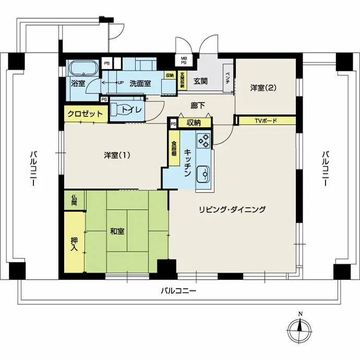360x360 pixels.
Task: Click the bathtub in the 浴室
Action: click(x=83, y=68)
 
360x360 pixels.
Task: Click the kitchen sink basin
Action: click(x=203, y=174)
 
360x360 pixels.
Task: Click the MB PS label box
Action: click(x=184, y=61)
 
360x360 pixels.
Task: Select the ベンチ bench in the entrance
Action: click(x=228, y=78)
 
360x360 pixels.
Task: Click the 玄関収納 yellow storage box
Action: click(x=182, y=80)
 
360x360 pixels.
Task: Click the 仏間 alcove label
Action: click(x=74, y=200)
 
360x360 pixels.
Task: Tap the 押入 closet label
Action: click(x=74, y=244)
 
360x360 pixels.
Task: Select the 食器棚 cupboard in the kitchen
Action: click(x=174, y=148)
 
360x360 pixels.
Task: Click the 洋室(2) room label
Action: click(x=263, y=88)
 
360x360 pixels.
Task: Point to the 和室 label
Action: click(x=117, y=231)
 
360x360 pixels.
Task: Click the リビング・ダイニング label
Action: click(x=232, y=209)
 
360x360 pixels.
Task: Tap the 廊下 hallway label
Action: click(x=198, y=105)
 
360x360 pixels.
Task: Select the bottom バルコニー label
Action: click(x=178, y=291)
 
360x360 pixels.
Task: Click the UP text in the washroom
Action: click(x=121, y=82)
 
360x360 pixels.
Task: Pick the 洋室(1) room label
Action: click(x=117, y=155)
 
